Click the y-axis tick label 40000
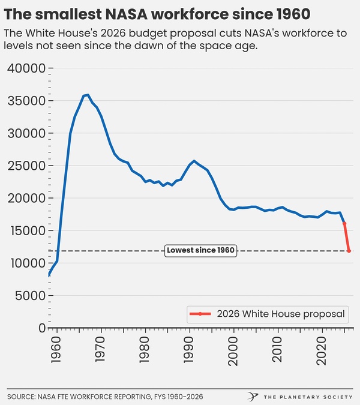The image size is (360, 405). point(26,68)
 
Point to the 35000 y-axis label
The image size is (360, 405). point(26,101)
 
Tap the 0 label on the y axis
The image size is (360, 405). point(42,328)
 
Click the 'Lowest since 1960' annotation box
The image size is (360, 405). point(200,251)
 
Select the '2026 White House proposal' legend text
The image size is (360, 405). point(280,313)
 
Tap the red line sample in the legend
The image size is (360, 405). point(200,314)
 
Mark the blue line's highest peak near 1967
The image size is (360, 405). point(88,95)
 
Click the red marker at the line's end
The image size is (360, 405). point(349,251)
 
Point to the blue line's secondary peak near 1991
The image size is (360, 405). point(194,161)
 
